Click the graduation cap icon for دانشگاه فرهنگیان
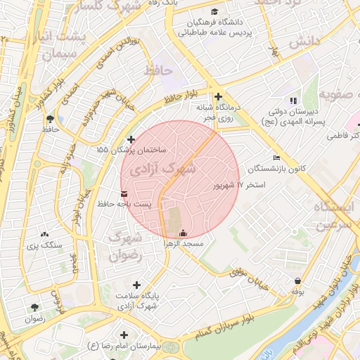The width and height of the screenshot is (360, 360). (214, 12)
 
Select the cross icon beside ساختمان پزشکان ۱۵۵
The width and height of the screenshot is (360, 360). (131, 139)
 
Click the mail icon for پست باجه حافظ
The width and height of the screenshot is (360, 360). (124, 193)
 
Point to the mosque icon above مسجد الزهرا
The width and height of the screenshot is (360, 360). (184, 233)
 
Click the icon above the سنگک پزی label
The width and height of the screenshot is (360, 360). (45, 234)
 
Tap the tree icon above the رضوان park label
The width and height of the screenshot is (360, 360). (34, 307)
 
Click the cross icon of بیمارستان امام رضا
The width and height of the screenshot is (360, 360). (125, 335)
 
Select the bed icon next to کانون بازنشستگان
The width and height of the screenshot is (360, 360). (276, 157)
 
